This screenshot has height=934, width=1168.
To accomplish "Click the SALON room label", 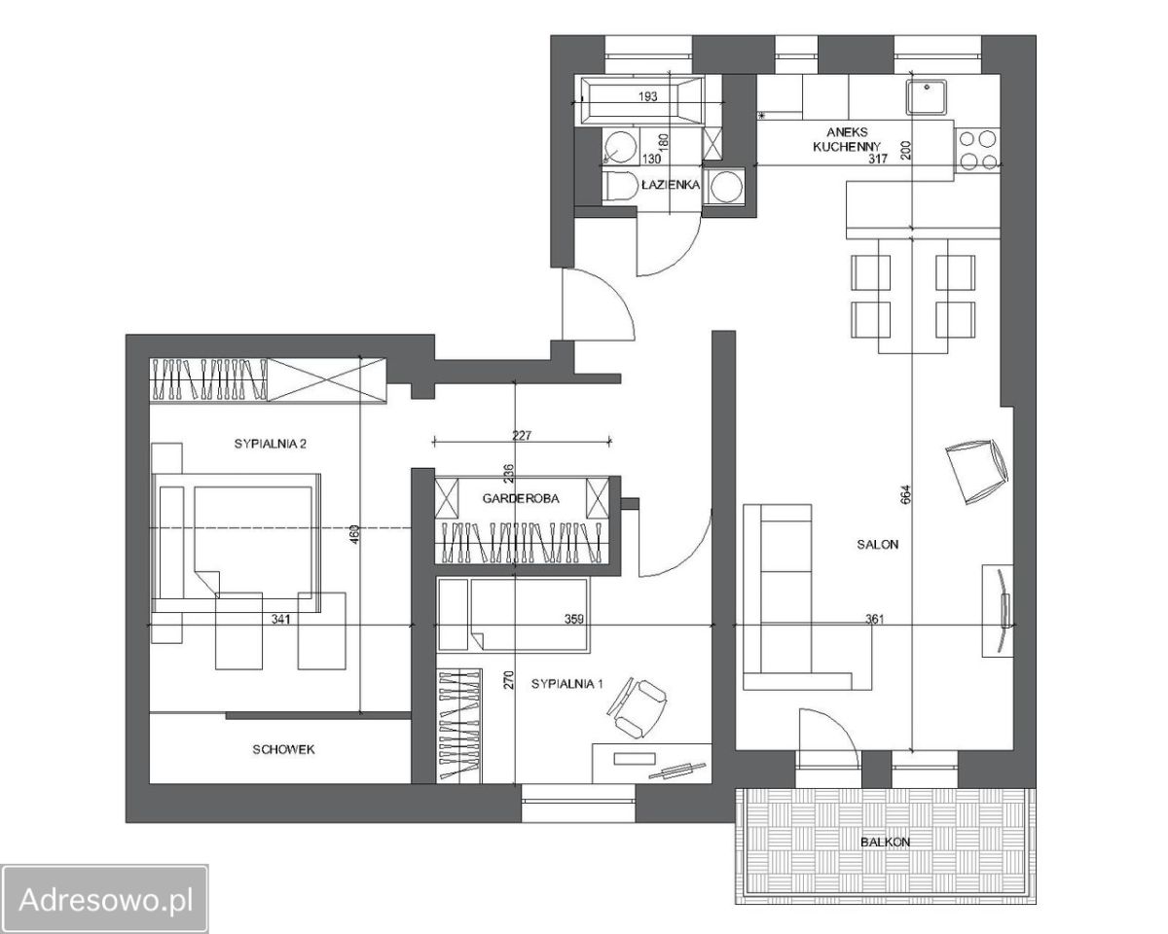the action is coord(877,544).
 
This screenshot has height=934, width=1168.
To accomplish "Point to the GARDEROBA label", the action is coord(521,498).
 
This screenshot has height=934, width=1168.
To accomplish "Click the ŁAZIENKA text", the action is coord(671,185).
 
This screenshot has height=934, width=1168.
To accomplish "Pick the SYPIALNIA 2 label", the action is coord(271,444).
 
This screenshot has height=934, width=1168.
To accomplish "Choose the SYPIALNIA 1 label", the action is coord(566,684).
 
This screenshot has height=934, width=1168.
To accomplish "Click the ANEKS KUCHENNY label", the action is coord(847,139).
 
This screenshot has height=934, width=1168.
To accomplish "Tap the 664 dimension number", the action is coord(906,496).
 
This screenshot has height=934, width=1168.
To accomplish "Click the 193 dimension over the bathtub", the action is coord(647,96).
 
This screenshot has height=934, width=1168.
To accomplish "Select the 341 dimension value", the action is coord(280,619).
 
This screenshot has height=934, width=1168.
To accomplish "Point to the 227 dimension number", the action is coord(522,435).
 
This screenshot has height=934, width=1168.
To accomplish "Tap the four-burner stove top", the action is coord(977,150).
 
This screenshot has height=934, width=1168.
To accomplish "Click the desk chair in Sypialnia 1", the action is coord(638,707).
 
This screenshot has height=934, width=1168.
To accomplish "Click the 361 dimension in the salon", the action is coord(874,619).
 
